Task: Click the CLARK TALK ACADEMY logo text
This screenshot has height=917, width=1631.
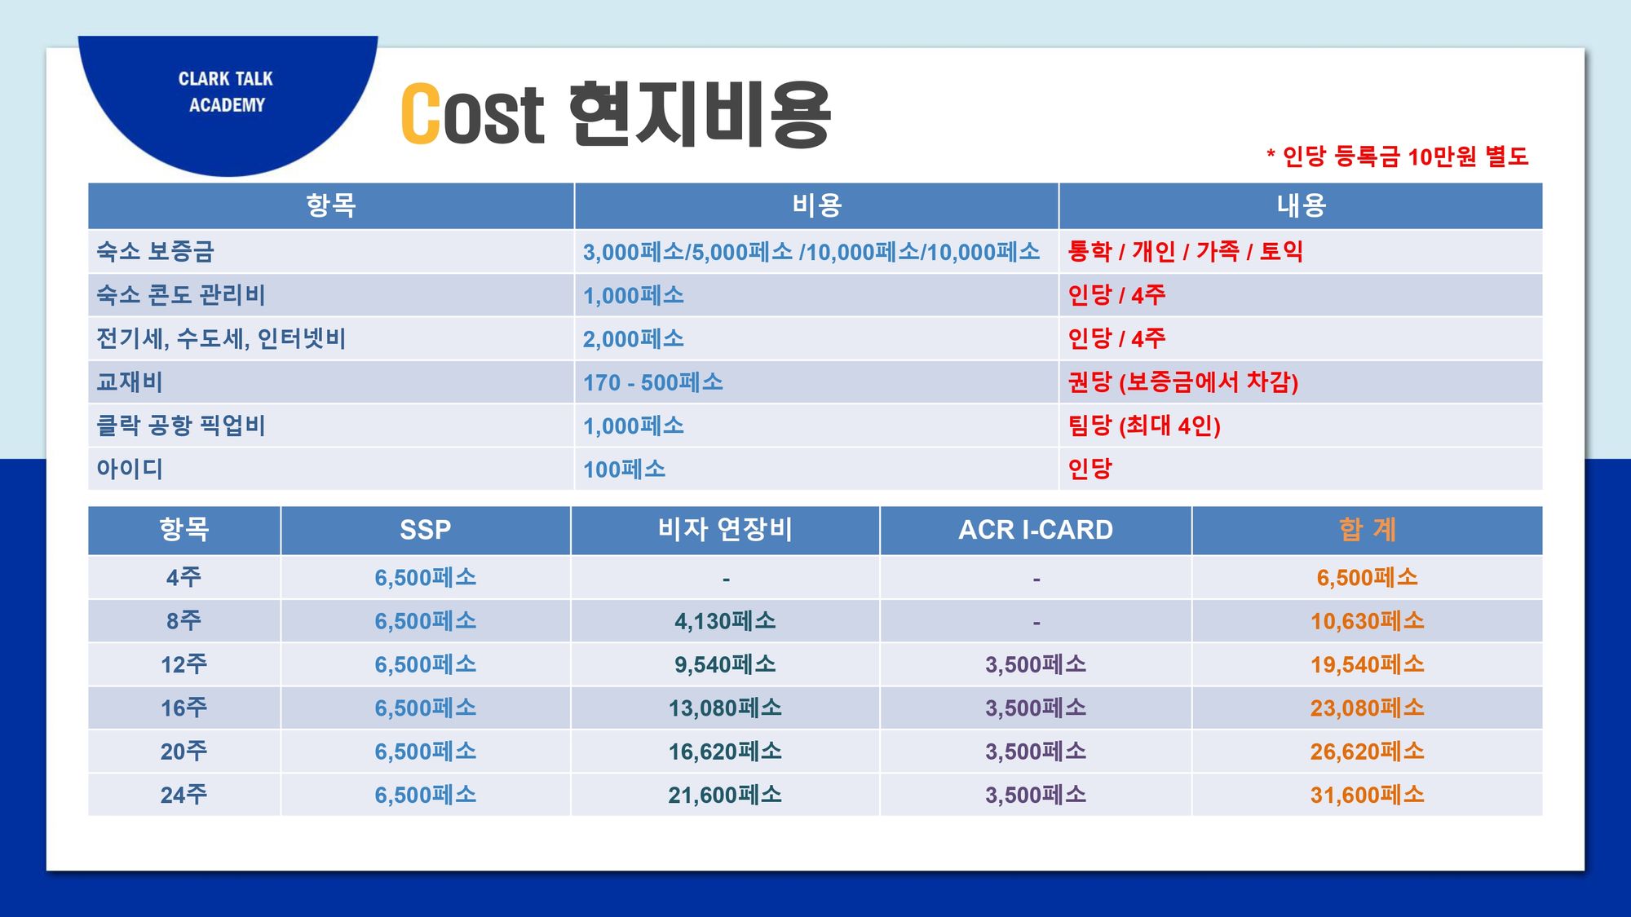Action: click(x=226, y=91)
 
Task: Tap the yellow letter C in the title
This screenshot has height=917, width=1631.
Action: click(x=421, y=114)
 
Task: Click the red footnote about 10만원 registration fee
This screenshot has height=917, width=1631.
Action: click(x=1398, y=156)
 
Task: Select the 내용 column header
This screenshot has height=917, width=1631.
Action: click(x=1301, y=205)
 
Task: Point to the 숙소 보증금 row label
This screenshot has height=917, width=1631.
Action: click(x=155, y=251)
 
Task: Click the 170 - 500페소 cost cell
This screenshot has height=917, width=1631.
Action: click(x=652, y=382)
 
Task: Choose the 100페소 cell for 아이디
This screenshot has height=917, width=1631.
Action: click(x=624, y=469)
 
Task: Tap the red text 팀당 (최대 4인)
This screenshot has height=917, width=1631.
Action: click(x=1144, y=425)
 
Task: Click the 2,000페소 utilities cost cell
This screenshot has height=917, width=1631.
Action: click(x=633, y=338)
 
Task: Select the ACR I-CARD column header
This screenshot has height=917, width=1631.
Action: click(x=1035, y=530)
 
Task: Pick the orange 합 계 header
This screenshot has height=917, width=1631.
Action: click(x=1367, y=530)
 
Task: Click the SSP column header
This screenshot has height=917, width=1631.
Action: click(x=425, y=530)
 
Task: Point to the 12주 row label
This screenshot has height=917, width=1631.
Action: click(x=183, y=664)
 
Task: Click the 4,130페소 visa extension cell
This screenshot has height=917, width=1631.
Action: click(x=725, y=621)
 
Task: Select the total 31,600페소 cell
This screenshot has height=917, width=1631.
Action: click(x=1367, y=795)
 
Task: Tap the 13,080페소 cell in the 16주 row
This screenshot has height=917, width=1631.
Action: click(x=725, y=708)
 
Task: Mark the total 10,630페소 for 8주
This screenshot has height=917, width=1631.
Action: click(x=1367, y=621)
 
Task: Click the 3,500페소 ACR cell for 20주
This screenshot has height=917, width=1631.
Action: click(x=1036, y=751)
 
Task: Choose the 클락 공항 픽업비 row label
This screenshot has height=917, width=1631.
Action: click(x=181, y=425)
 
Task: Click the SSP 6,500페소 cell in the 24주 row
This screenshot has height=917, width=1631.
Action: click(x=425, y=795)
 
